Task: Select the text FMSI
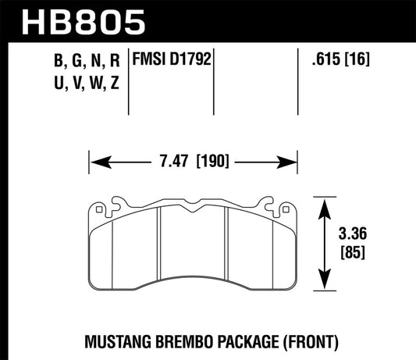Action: [153, 59]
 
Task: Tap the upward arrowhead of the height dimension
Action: [321, 203]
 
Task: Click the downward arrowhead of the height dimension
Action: [321, 286]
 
